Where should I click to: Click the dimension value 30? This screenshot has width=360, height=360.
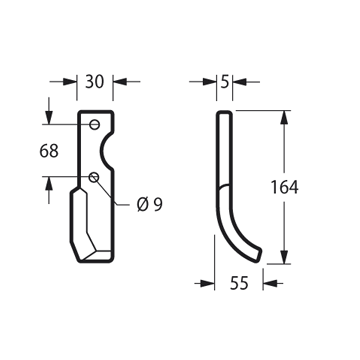coord(94,82)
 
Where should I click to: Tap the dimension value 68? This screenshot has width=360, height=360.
coord(49,151)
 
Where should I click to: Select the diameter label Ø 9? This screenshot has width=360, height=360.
coord(150,204)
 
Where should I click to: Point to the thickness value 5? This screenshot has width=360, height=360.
coord(225,82)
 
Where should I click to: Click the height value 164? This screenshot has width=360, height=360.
coord(284,187)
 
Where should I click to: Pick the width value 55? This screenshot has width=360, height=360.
coord(239,283)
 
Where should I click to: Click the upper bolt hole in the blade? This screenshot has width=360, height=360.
coord(95,125)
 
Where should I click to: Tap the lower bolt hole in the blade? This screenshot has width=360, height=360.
coord(94,177)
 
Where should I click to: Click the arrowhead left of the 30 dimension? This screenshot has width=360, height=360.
coord(70,82)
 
